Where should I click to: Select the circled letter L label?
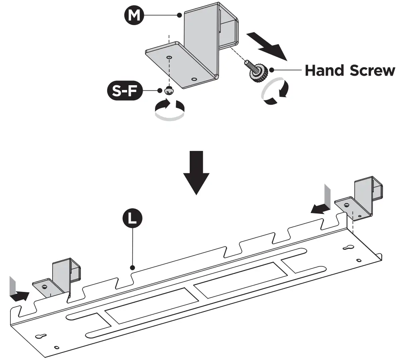[x=133, y=218]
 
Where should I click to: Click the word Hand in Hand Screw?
[x=325, y=70]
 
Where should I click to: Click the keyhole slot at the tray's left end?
[x=40, y=336]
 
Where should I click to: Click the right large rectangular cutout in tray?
[x=240, y=279]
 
